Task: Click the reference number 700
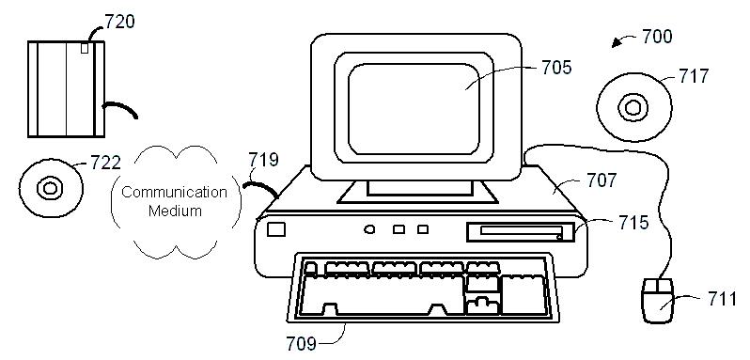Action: point(657,37)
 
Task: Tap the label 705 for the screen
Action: point(556,68)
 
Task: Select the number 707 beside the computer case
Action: point(602,180)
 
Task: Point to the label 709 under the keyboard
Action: point(301,343)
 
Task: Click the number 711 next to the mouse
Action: point(723,299)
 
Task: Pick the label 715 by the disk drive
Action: point(633,223)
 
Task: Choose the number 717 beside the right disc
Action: point(694,76)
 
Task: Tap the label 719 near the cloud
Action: point(263,160)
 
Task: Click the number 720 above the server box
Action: point(119,22)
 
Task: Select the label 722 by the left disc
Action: point(105,163)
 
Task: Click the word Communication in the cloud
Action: point(174,192)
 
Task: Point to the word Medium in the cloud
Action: point(175,211)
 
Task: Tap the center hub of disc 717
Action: point(633,107)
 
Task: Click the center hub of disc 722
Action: point(50,188)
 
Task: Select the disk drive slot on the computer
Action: point(521,232)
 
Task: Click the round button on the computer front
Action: point(369,229)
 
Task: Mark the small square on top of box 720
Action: point(85,48)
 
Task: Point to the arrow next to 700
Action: point(623,41)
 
